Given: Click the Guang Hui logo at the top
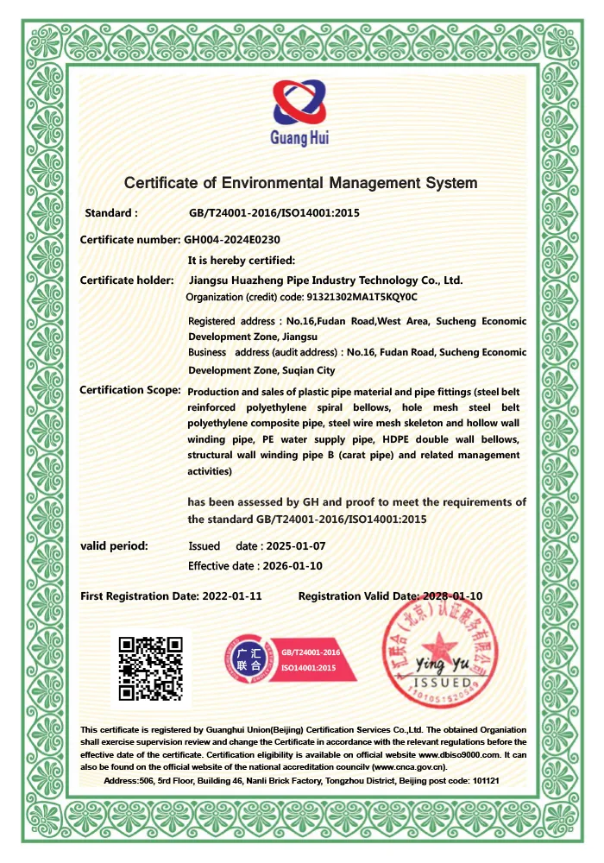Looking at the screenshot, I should click(301, 113).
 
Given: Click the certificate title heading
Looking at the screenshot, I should click(300, 183).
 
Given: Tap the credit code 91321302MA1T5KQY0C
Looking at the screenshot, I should click(362, 297).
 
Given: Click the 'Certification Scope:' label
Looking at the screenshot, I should click(130, 390).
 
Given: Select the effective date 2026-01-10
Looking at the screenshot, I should click(290, 566).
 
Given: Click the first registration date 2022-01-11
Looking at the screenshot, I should click(231, 596).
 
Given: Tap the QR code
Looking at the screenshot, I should click(151, 667).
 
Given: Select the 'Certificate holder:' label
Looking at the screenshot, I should click(127, 280).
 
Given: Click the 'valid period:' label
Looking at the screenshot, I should click(114, 545).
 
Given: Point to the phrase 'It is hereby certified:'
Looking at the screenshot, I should click(242, 260).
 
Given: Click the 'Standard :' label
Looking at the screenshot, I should click(111, 212).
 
